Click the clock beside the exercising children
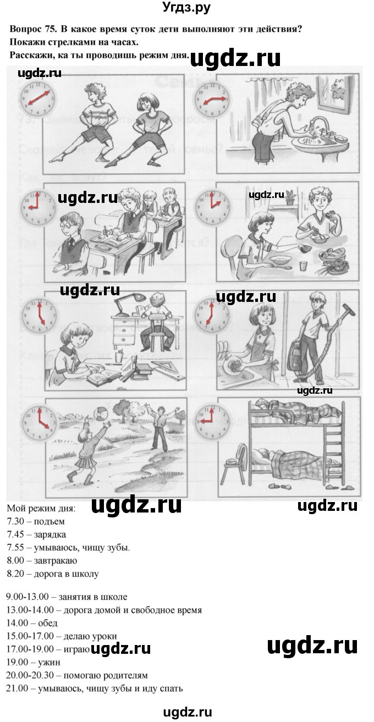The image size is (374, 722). pyautogui.click(x=37, y=97)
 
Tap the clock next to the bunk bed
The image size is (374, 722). pyautogui.click(x=212, y=421)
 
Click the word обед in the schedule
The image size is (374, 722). pyautogui.click(x=48, y=623)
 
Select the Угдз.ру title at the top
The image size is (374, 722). pyautogui.click(x=187, y=8)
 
